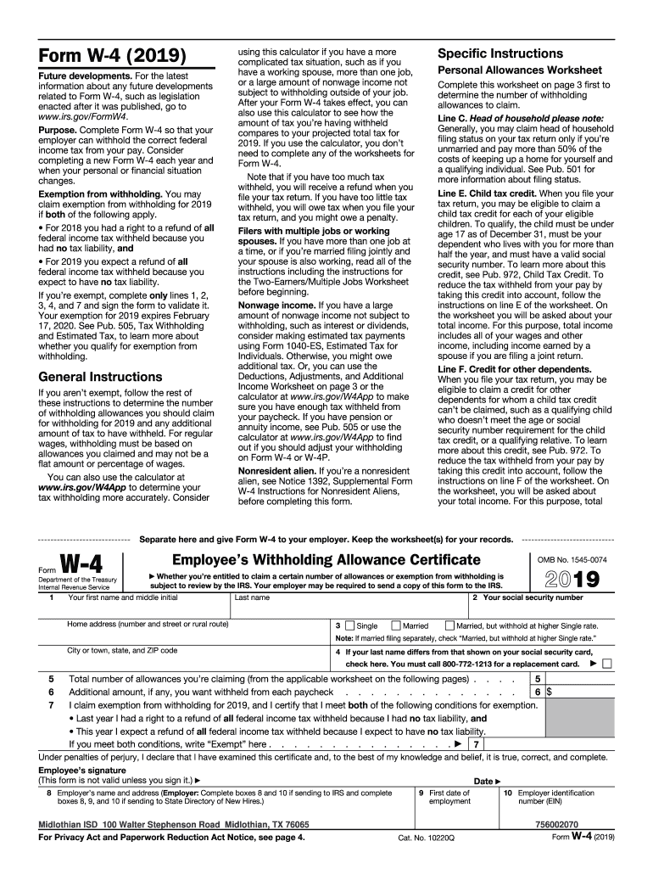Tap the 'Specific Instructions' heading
500,53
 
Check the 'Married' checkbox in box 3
396,625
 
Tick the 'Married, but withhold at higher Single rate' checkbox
449,625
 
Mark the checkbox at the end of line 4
606,663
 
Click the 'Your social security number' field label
528,597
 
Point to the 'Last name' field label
252,597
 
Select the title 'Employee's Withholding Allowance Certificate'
326,559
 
